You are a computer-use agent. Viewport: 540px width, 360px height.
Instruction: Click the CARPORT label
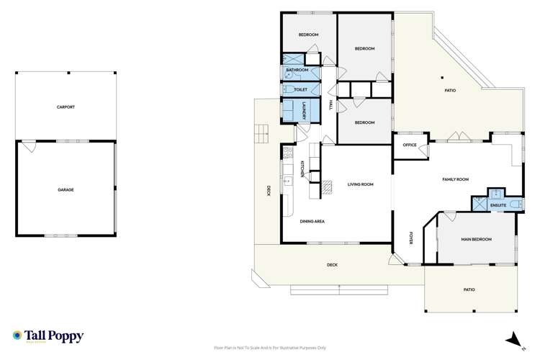pos(66,107)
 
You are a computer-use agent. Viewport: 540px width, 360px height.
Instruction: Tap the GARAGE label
pos(66,189)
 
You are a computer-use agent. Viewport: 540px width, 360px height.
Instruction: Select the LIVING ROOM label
pos(361,185)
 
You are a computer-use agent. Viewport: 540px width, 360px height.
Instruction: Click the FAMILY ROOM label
pos(455,179)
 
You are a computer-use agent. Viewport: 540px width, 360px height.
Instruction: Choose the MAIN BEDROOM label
pos(476,239)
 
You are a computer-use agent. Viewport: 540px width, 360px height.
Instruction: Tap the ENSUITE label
pos(498,206)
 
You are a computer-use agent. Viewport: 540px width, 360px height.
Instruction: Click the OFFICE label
pos(410,145)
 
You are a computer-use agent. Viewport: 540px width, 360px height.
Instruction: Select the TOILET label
pos(301,89)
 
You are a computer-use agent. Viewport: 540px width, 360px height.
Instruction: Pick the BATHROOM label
pos(297,71)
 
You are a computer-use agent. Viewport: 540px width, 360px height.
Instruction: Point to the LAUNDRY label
pos(305,112)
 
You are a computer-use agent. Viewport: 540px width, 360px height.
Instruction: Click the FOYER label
pos(410,238)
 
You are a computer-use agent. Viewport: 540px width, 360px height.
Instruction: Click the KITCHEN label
pos(302,169)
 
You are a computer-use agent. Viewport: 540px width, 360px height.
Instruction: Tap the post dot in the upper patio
pos(441,78)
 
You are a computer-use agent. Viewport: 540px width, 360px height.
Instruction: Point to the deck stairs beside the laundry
pos(261,132)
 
